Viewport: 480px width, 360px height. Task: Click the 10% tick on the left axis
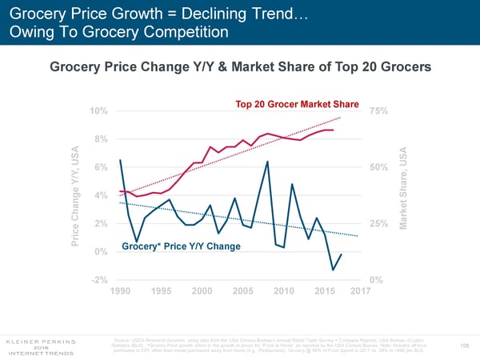point(100,110)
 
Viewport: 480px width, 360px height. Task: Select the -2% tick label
point(101,280)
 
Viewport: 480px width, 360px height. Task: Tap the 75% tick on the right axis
point(380,110)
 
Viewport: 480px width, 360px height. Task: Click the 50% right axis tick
point(380,166)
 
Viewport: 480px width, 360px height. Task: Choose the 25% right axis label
point(380,223)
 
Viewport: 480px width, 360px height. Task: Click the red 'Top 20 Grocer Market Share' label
point(296,104)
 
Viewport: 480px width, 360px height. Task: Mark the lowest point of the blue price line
point(333,270)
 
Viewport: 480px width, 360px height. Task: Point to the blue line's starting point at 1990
point(120,160)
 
